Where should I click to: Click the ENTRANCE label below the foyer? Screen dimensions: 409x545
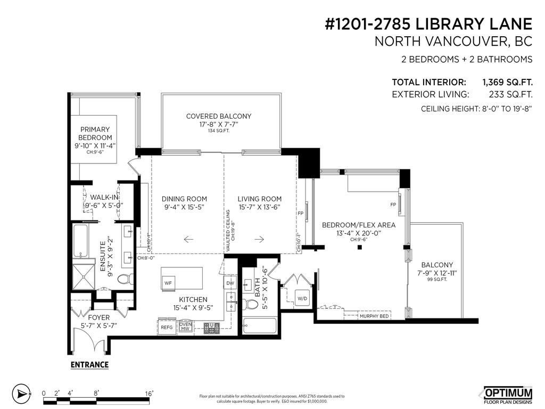point(89,365)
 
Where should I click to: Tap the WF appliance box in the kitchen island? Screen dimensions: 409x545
point(168,282)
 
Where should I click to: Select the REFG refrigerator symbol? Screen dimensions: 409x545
point(167,328)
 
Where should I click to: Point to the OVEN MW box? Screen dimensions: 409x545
point(185,326)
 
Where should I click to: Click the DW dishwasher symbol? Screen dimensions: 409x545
point(230,283)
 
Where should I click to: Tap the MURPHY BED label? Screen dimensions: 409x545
point(374,316)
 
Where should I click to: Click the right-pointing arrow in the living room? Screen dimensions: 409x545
point(259,239)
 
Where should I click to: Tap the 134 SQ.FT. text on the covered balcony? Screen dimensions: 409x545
point(219,131)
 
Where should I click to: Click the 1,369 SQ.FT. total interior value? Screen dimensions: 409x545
point(507,83)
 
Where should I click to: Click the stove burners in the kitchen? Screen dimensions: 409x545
point(211,329)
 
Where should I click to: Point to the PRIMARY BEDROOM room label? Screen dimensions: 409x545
point(95,133)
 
